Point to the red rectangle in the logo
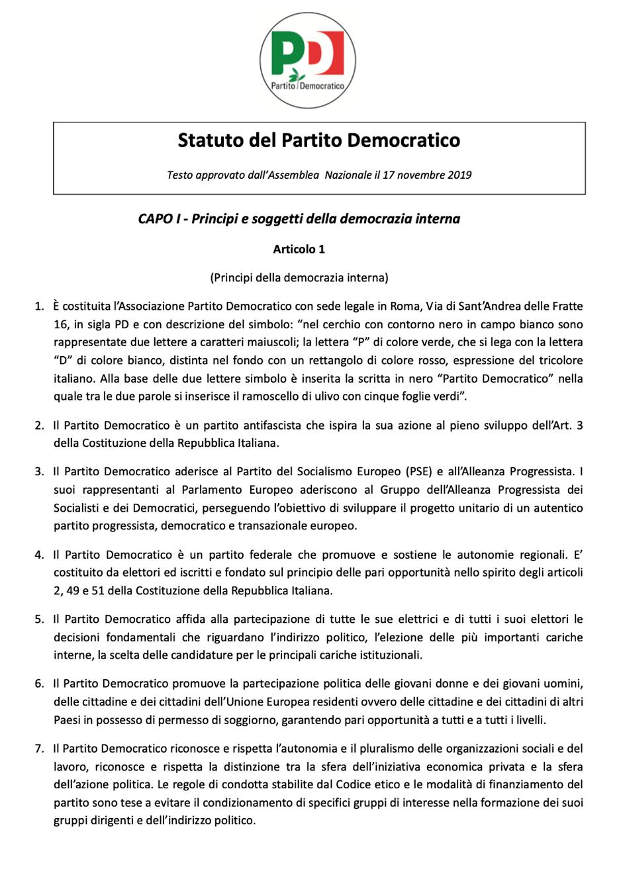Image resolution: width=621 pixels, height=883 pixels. point(333,53)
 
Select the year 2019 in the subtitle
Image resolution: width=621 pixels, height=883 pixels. point(459,175)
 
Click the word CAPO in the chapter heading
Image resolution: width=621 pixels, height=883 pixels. point(155,219)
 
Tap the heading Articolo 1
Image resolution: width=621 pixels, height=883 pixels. point(299,250)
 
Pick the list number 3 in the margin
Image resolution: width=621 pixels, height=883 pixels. point(39,472)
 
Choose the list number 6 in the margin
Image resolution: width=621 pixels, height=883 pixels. point(39,684)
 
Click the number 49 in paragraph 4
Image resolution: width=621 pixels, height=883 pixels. point(74,590)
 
